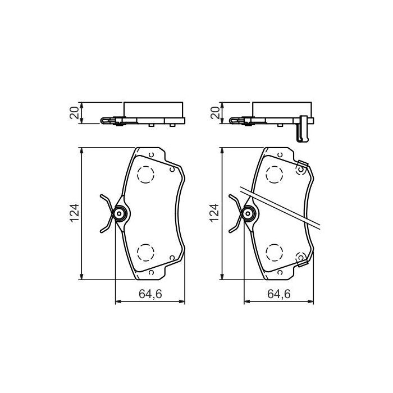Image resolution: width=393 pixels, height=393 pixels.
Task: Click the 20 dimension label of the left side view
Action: point(73,113)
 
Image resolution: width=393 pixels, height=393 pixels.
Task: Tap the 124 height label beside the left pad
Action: point(73,213)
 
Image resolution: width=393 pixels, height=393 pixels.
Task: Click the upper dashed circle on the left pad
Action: point(146,175)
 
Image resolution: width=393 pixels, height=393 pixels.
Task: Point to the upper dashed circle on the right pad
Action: point(275,175)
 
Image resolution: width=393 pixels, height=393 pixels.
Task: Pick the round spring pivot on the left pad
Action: point(119,213)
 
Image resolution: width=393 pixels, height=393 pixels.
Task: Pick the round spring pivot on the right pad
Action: point(248,213)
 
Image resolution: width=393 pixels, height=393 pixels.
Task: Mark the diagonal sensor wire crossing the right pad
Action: point(286,207)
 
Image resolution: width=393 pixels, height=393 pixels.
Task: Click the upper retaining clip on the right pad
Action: point(301,166)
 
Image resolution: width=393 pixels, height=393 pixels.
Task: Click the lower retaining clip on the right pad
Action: point(301,259)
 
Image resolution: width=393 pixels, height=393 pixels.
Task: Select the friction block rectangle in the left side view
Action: point(153,109)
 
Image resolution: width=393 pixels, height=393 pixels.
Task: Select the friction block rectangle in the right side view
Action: point(282,109)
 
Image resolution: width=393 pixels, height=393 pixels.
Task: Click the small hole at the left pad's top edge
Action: point(152,153)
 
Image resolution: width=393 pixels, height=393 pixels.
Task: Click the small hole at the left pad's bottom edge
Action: point(152,272)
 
